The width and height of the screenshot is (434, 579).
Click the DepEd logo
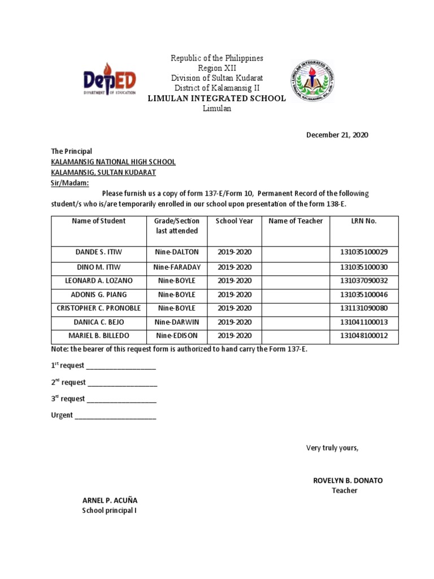pos(110,80)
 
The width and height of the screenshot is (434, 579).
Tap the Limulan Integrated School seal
pos(312,80)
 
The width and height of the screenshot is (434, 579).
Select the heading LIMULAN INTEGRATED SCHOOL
pos(216,98)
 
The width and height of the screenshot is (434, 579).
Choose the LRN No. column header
pos(363,221)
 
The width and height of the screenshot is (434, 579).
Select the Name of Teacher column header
pos(296,221)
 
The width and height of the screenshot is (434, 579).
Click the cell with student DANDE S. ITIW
pos(98,253)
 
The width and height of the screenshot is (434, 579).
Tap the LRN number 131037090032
pos(363,281)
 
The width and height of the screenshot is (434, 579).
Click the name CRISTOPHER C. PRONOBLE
pos(98,308)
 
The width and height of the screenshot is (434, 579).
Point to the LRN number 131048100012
pos(363,336)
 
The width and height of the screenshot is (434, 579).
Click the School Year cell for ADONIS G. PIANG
pos(234,295)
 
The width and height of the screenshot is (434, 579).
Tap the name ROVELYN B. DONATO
pos(348,481)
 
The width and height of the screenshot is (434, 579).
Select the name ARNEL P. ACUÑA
pos(110,500)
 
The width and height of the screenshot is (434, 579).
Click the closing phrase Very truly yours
pos(332,448)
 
